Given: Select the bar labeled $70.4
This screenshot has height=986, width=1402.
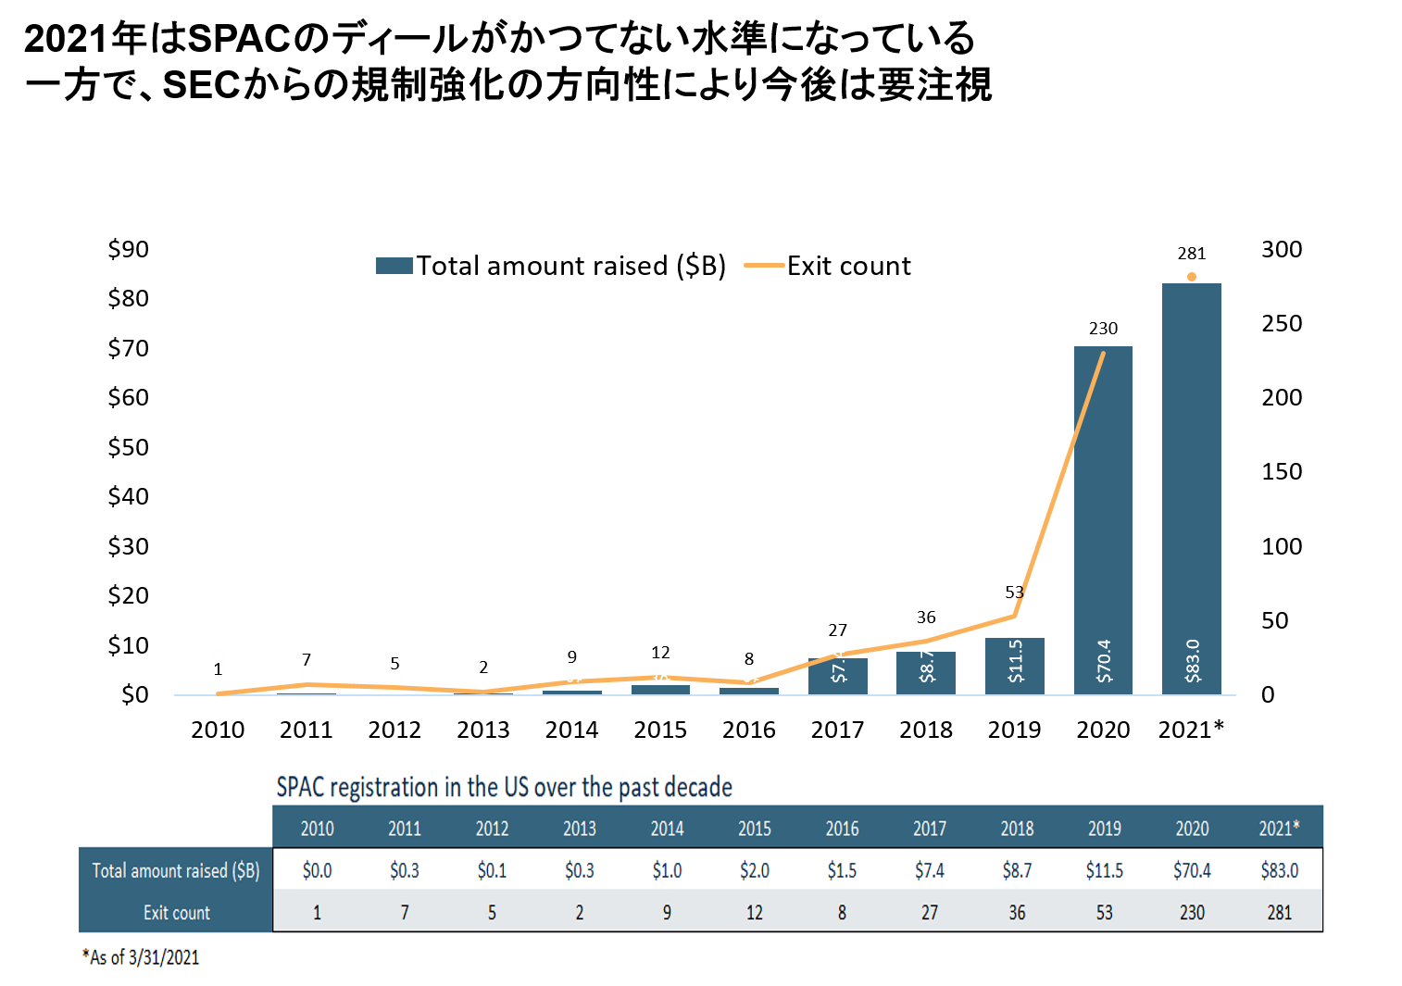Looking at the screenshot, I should pyautogui.click(x=1103, y=518).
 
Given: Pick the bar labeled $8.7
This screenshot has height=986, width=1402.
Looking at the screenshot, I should pyautogui.click(x=926, y=672).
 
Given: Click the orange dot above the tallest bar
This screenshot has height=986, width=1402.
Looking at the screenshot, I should pyautogui.click(x=1192, y=277).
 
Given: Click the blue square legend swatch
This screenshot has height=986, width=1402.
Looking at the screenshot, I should pyautogui.click(x=394, y=266).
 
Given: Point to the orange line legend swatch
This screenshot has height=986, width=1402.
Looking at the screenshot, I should pyautogui.click(x=764, y=266).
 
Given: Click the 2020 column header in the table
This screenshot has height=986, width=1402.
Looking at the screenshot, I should pyautogui.click(x=1192, y=829).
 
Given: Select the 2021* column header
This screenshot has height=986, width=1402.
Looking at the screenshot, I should pyautogui.click(x=1279, y=829).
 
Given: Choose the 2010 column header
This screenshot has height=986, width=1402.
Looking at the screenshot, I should pyautogui.click(x=317, y=829).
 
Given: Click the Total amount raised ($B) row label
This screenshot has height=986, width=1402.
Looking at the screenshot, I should pyautogui.click(x=176, y=870).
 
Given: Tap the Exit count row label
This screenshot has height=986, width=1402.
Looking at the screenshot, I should pyautogui.click(x=176, y=913).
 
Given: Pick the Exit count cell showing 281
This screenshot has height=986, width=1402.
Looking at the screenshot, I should pyautogui.click(x=1279, y=913).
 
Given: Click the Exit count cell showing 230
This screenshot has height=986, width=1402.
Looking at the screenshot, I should pyautogui.click(x=1192, y=913).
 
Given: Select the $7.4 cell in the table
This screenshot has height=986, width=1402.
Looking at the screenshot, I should pyautogui.click(x=930, y=870).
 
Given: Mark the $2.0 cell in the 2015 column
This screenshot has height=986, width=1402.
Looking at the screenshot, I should pyautogui.click(x=755, y=870).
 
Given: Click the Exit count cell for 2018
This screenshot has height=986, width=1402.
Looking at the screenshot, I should pyautogui.click(x=1017, y=913).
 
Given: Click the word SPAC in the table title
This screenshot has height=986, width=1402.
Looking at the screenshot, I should pyautogui.click(x=300, y=788).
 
